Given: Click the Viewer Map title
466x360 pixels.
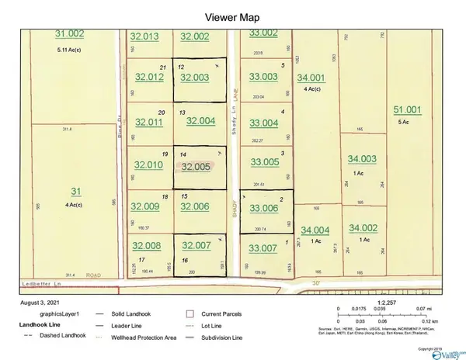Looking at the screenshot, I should point(232,16).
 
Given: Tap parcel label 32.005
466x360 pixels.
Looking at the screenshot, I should point(195,166).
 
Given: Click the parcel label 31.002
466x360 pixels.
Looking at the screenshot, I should point(70,34).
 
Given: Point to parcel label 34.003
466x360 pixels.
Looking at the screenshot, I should point(363,159).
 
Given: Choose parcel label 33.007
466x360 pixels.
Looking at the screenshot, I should point(263,248).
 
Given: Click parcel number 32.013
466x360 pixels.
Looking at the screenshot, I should point(144,36).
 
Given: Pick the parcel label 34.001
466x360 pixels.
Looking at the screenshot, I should point(311,78).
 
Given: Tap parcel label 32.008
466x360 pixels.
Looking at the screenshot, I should point(146,246).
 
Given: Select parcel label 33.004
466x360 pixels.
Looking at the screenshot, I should point(263,123).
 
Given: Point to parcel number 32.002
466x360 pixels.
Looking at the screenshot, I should point(195,36).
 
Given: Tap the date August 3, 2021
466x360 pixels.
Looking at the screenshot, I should point(38,300).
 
